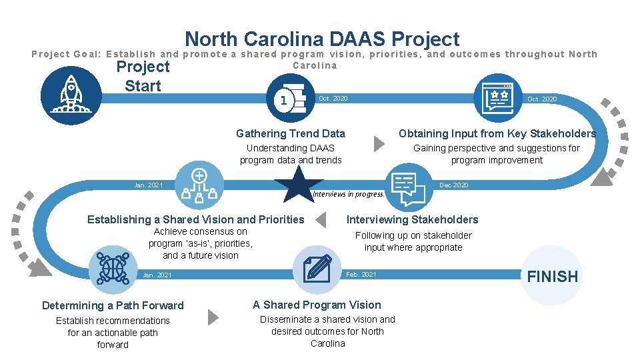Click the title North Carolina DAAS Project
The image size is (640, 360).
tap(322, 39)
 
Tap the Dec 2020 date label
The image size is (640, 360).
tap(453, 185)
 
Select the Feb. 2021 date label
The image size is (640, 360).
tap(361, 275)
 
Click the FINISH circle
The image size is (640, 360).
tap(553, 276)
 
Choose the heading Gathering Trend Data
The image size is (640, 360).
tap(291, 134)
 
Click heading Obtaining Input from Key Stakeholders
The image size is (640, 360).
tap(497, 134)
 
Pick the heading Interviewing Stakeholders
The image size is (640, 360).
tap(412, 219)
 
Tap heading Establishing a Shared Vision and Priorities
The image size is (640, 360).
tap(195, 219)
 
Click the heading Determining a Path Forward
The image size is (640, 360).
tap(113, 305)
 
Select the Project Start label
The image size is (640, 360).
tap(143, 76)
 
